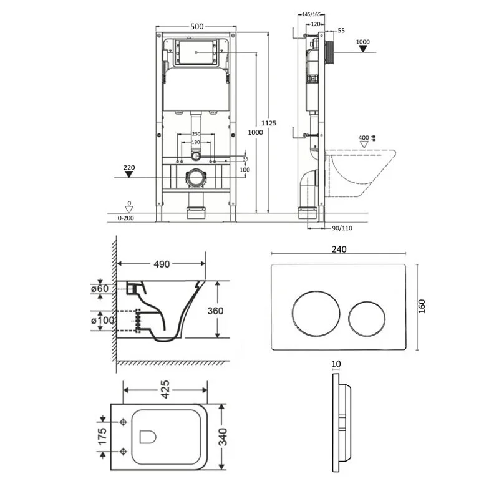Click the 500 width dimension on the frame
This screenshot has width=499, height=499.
(197, 27)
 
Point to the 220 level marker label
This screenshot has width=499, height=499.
(129, 167)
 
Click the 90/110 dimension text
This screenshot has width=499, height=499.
(342, 228)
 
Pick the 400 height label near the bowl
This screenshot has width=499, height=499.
(364, 137)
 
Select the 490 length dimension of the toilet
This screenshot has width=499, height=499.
(162, 264)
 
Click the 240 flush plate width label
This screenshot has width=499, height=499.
(339, 249)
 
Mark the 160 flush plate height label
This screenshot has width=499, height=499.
(422, 306)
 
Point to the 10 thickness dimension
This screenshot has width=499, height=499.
(337, 363)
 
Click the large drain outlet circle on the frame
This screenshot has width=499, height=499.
(196, 178)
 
